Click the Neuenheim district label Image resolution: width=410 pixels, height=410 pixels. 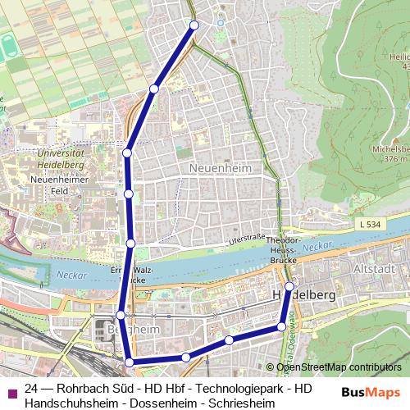coord(220,167)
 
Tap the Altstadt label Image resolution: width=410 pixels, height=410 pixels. coord(389,269)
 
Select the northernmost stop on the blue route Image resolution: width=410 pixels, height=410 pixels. coord(194,25)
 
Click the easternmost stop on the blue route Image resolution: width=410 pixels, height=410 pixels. coord(289,287)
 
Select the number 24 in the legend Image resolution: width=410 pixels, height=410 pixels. coord(32,388)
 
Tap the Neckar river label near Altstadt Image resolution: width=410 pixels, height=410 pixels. coord(313,246)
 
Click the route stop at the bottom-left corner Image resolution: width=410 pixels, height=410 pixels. coord(129,362)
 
